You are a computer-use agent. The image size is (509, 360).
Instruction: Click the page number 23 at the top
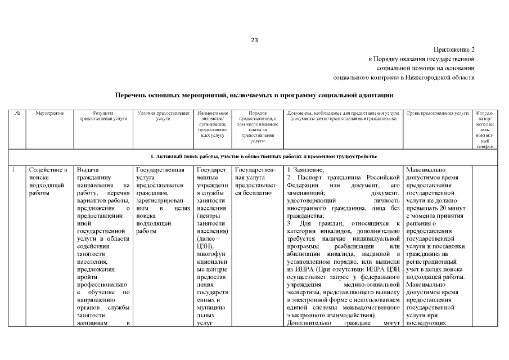coord(254,40)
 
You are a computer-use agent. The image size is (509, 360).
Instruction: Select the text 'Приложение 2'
coord(454,49)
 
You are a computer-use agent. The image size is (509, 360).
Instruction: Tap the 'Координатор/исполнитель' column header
coord(485,129)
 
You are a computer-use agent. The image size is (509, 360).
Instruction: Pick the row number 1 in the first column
coord(13,169)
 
